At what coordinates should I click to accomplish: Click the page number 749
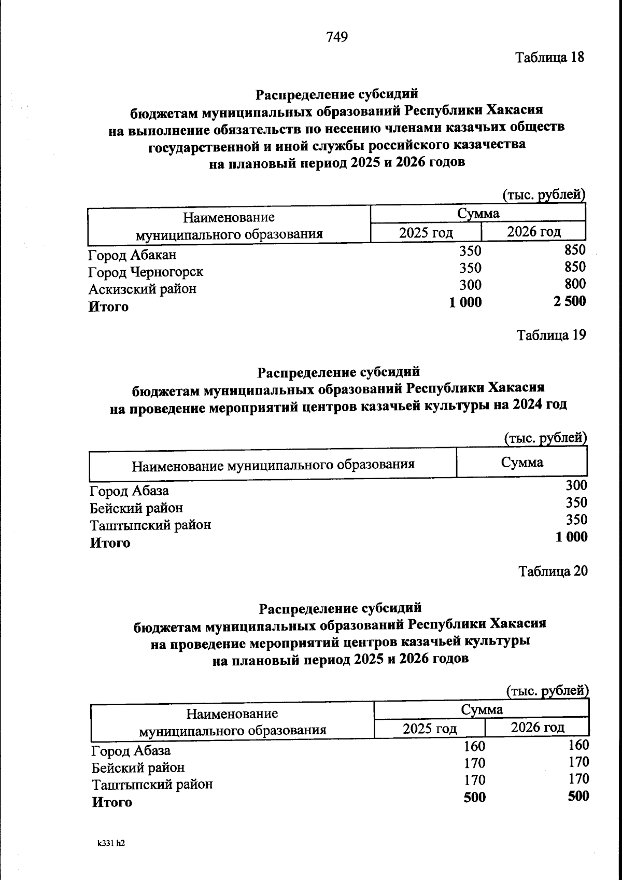337,37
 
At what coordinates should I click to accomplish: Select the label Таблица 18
549,57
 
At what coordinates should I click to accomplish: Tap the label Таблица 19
552,335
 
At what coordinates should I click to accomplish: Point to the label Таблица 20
553,571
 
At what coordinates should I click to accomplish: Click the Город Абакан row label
132,255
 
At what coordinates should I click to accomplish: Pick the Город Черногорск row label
146,272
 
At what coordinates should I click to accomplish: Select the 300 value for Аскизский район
470,285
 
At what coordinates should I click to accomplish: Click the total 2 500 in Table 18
569,301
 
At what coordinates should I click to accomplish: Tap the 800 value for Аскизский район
575,284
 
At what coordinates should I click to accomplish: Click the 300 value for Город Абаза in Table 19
576,485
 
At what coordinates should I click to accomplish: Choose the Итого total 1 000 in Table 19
572,537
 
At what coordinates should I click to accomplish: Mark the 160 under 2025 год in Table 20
474,746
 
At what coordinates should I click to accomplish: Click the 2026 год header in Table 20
537,727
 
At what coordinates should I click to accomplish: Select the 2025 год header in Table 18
426,232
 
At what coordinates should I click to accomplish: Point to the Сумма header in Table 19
521,462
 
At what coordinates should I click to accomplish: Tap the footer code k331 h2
111,843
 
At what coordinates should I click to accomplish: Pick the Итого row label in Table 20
112,802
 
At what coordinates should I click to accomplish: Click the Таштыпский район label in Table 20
152,784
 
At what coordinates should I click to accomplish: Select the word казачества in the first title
489,144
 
